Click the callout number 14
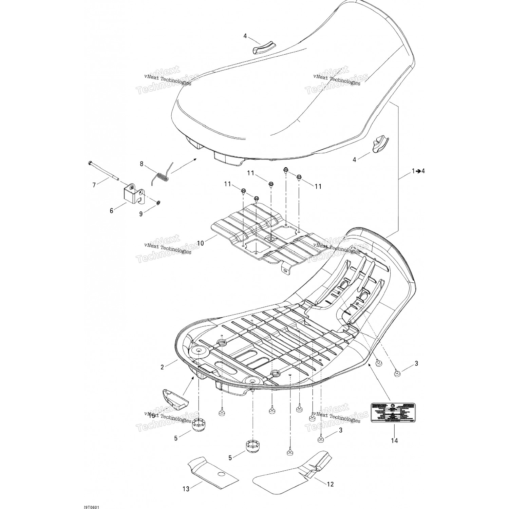coord(394,440)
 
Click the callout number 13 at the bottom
coord(186,489)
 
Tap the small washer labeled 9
coord(158,203)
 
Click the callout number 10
coord(201,243)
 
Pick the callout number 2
coord(162,366)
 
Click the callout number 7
coord(94,185)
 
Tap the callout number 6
coord(111,211)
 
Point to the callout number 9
coord(141,214)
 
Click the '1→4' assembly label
coord(418,171)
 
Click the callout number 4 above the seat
coord(245,36)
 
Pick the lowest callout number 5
coord(230,458)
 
